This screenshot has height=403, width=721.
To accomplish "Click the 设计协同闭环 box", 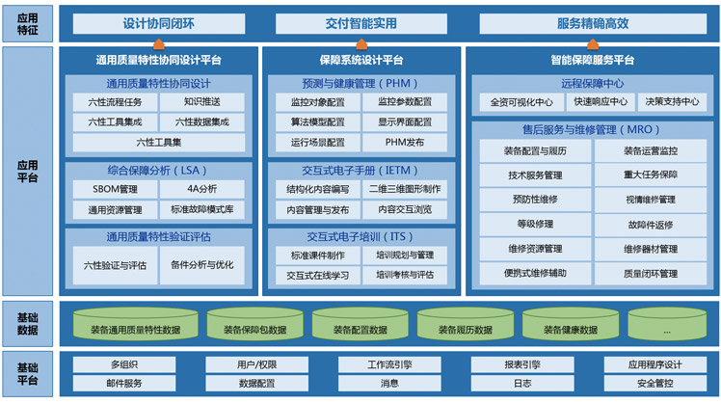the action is click(x=159, y=23).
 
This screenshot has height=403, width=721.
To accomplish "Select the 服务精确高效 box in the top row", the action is click(x=593, y=23).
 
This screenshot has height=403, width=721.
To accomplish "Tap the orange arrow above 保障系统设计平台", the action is click(x=361, y=44).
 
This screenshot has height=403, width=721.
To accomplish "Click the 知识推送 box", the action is click(x=201, y=101).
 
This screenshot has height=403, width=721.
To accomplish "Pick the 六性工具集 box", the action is click(x=159, y=143).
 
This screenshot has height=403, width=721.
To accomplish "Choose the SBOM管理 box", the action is click(x=115, y=189).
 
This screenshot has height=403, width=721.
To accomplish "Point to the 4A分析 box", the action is click(x=201, y=189).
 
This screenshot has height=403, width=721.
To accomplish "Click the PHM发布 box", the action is click(x=405, y=143).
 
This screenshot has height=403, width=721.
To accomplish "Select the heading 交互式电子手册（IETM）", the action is click(x=360, y=171).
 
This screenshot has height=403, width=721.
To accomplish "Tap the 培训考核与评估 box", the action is click(x=405, y=275).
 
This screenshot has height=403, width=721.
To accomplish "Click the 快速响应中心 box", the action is click(x=601, y=101).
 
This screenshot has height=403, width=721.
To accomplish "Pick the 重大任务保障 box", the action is click(x=651, y=175).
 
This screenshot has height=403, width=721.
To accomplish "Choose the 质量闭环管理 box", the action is click(x=651, y=274).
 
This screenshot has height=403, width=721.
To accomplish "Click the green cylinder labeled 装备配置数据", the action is click(x=360, y=324).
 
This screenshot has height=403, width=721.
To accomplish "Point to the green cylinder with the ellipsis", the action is click(x=667, y=324).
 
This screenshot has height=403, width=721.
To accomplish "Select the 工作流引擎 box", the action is click(x=389, y=364).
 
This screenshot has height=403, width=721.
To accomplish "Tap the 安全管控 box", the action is click(x=655, y=383).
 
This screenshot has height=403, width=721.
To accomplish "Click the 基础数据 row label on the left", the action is click(x=28, y=324).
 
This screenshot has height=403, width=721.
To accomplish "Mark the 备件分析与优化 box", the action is click(x=201, y=265).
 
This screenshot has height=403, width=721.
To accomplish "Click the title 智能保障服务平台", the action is click(x=593, y=61).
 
